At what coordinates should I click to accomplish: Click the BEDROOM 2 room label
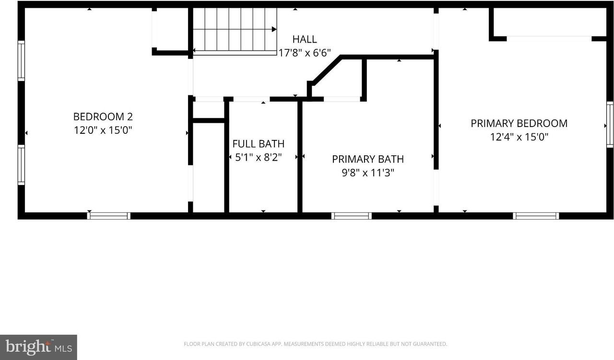click(x=103, y=116)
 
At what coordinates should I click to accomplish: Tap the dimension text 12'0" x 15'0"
click(x=103, y=129)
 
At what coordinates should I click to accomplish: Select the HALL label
click(x=305, y=39)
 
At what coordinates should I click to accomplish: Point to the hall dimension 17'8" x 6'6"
click(x=305, y=52)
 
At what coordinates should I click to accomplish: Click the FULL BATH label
click(x=258, y=144)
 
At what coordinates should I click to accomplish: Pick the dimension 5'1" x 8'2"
click(x=258, y=157)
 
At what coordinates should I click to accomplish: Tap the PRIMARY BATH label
click(x=367, y=159)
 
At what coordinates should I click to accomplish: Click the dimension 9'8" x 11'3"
click(x=367, y=173)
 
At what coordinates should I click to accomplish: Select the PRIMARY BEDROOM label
click(x=519, y=123)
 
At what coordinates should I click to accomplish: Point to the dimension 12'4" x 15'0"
click(x=519, y=137)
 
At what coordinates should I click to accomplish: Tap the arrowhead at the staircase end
click(x=274, y=29)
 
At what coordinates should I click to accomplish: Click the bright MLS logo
click(x=38, y=347)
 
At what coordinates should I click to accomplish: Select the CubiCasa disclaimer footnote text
click(x=315, y=344)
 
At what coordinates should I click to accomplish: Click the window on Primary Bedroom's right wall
click(x=610, y=125)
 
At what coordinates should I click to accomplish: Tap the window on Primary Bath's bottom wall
click(x=352, y=216)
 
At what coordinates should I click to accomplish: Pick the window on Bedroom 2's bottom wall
click(x=108, y=216)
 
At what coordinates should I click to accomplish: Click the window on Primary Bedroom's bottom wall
click(x=536, y=216)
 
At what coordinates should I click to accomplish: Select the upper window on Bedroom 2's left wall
click(x=21, y=61)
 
